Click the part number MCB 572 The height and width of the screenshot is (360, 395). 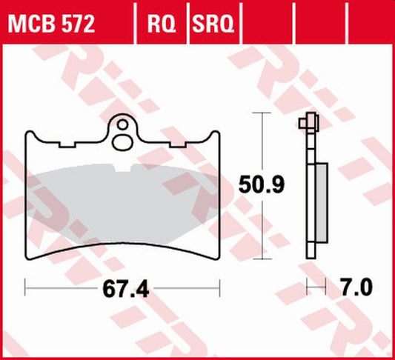[x=51, y=26]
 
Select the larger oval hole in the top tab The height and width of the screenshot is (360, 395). [x=123, y=141]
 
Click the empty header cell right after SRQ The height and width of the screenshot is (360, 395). [x=265, y=26]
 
